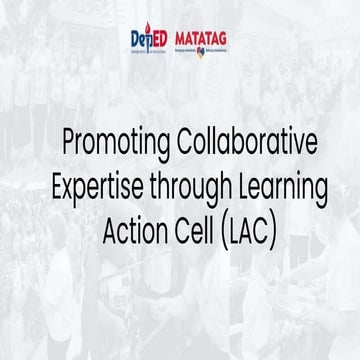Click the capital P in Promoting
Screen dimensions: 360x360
coord(69,142)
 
